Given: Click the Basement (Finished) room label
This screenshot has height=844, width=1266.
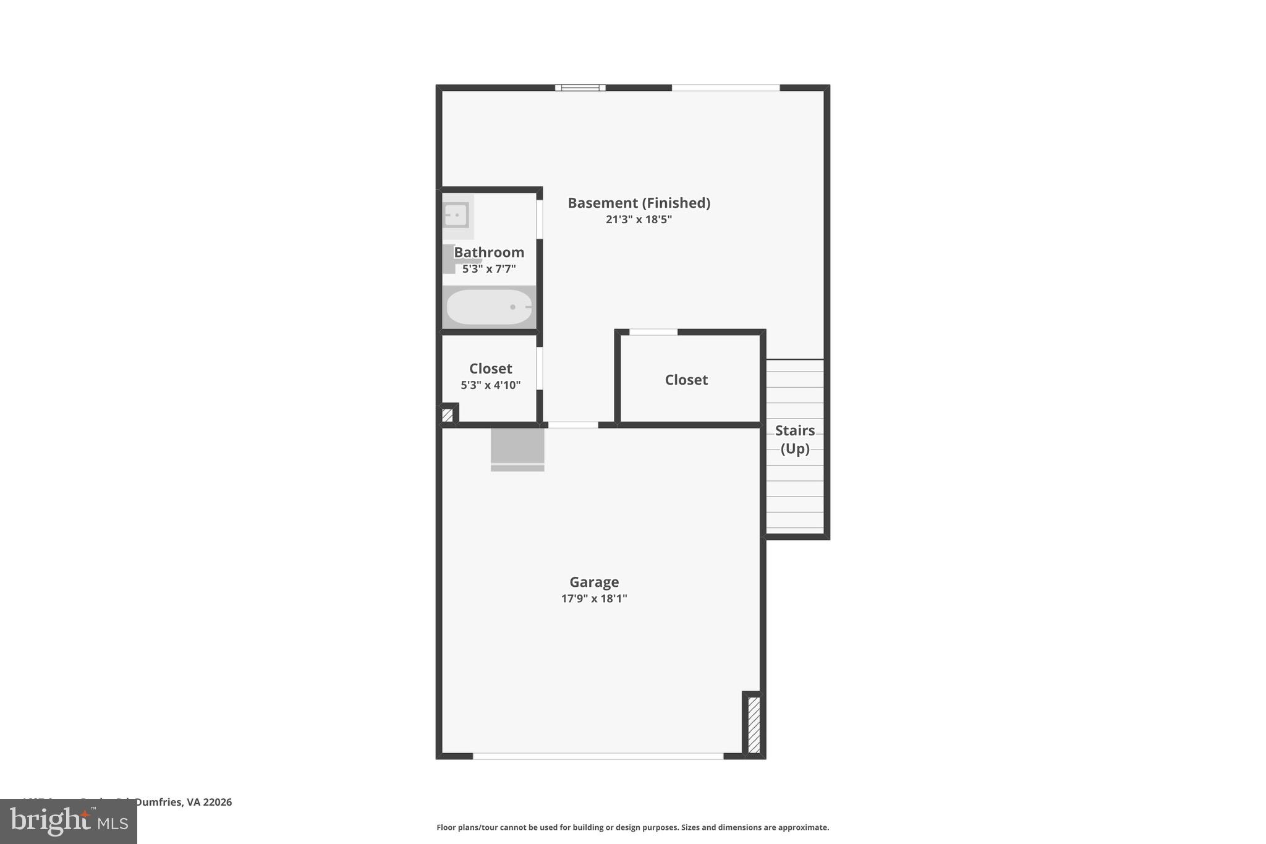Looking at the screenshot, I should point(639,203).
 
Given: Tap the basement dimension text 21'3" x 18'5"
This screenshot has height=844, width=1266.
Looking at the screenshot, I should point(639,220).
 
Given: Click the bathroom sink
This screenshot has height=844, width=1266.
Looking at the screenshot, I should point(456,215).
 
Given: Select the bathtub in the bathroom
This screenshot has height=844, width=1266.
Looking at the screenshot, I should point(489,307).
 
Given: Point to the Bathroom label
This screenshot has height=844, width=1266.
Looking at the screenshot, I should point(489,252).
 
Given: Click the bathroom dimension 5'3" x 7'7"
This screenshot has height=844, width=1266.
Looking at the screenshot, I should point(489,269).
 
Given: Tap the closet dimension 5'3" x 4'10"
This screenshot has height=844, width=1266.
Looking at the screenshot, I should point(490,385).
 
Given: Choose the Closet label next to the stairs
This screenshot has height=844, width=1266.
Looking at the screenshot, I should point(686,380).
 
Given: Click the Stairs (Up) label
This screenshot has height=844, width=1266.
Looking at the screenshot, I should point(794,439).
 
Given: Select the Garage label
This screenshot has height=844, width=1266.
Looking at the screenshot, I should point(594,582).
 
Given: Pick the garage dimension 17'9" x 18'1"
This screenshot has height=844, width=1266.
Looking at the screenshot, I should point(594,599).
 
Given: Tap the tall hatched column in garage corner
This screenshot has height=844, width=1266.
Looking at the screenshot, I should point(754,725).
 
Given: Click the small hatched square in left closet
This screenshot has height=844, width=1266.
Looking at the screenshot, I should point(448,415).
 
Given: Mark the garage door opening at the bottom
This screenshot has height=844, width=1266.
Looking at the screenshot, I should point(598,756).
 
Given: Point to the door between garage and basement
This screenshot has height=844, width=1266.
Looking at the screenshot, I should point(573,425).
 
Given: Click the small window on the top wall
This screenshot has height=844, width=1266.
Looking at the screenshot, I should point(580,88).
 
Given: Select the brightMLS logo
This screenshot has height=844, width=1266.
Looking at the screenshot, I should point(69,822).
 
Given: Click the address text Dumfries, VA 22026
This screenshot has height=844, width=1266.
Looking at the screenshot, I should point(183,802).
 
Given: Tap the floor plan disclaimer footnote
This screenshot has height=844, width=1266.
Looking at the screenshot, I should point(632,827).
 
